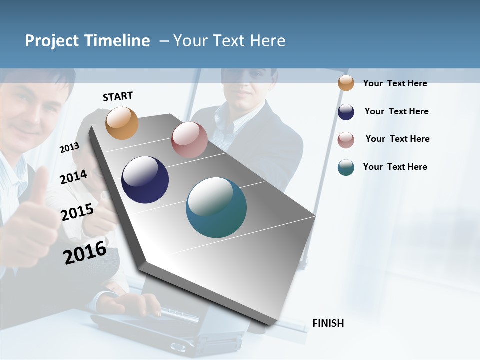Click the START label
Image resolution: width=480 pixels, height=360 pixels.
[118, 96]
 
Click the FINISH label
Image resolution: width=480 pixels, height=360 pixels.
[328, 323]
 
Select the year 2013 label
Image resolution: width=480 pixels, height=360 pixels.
[69, 147]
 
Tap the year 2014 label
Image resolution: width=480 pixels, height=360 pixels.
[73, 177]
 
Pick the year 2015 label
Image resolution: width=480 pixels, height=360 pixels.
[77, 212]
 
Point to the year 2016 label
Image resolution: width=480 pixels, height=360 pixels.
[85, 253]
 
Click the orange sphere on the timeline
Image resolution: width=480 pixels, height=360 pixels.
[122, 123]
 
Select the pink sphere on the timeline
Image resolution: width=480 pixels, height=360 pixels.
[189, 140]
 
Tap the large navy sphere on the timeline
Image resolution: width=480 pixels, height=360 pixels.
[145, 180]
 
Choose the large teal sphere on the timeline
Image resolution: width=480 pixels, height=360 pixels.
[216, 207]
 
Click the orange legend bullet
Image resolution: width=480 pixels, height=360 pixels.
[346, 83]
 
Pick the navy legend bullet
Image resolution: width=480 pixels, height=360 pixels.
[346, 112]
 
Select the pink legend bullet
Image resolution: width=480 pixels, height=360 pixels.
[346, 140]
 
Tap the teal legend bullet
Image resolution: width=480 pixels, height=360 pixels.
[346, 167]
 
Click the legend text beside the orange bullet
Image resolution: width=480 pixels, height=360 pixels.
[395, 83]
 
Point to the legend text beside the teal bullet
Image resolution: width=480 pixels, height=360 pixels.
[395, 167]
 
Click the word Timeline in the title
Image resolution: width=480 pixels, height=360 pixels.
[118, 41]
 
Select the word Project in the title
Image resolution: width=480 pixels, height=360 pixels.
[52, 41]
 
